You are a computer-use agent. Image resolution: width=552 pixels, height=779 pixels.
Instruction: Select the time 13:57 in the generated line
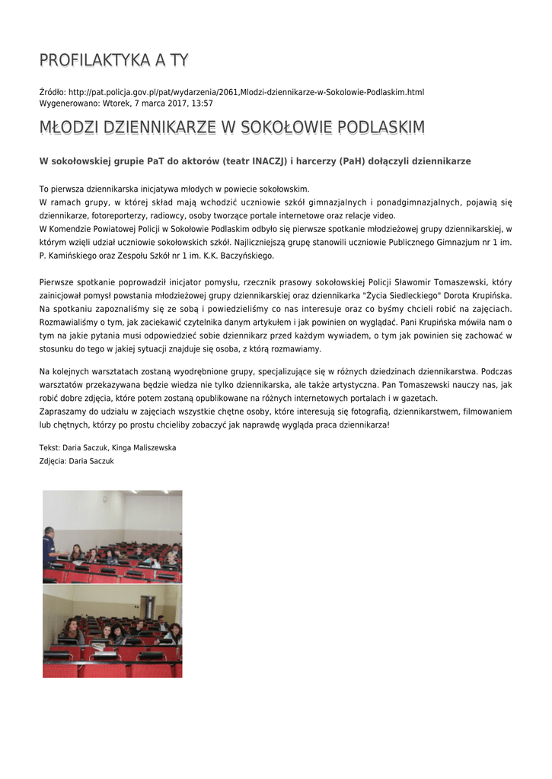(x=203, y=103)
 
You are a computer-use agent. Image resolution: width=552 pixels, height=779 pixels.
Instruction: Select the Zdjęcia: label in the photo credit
(x=54, y=461)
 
